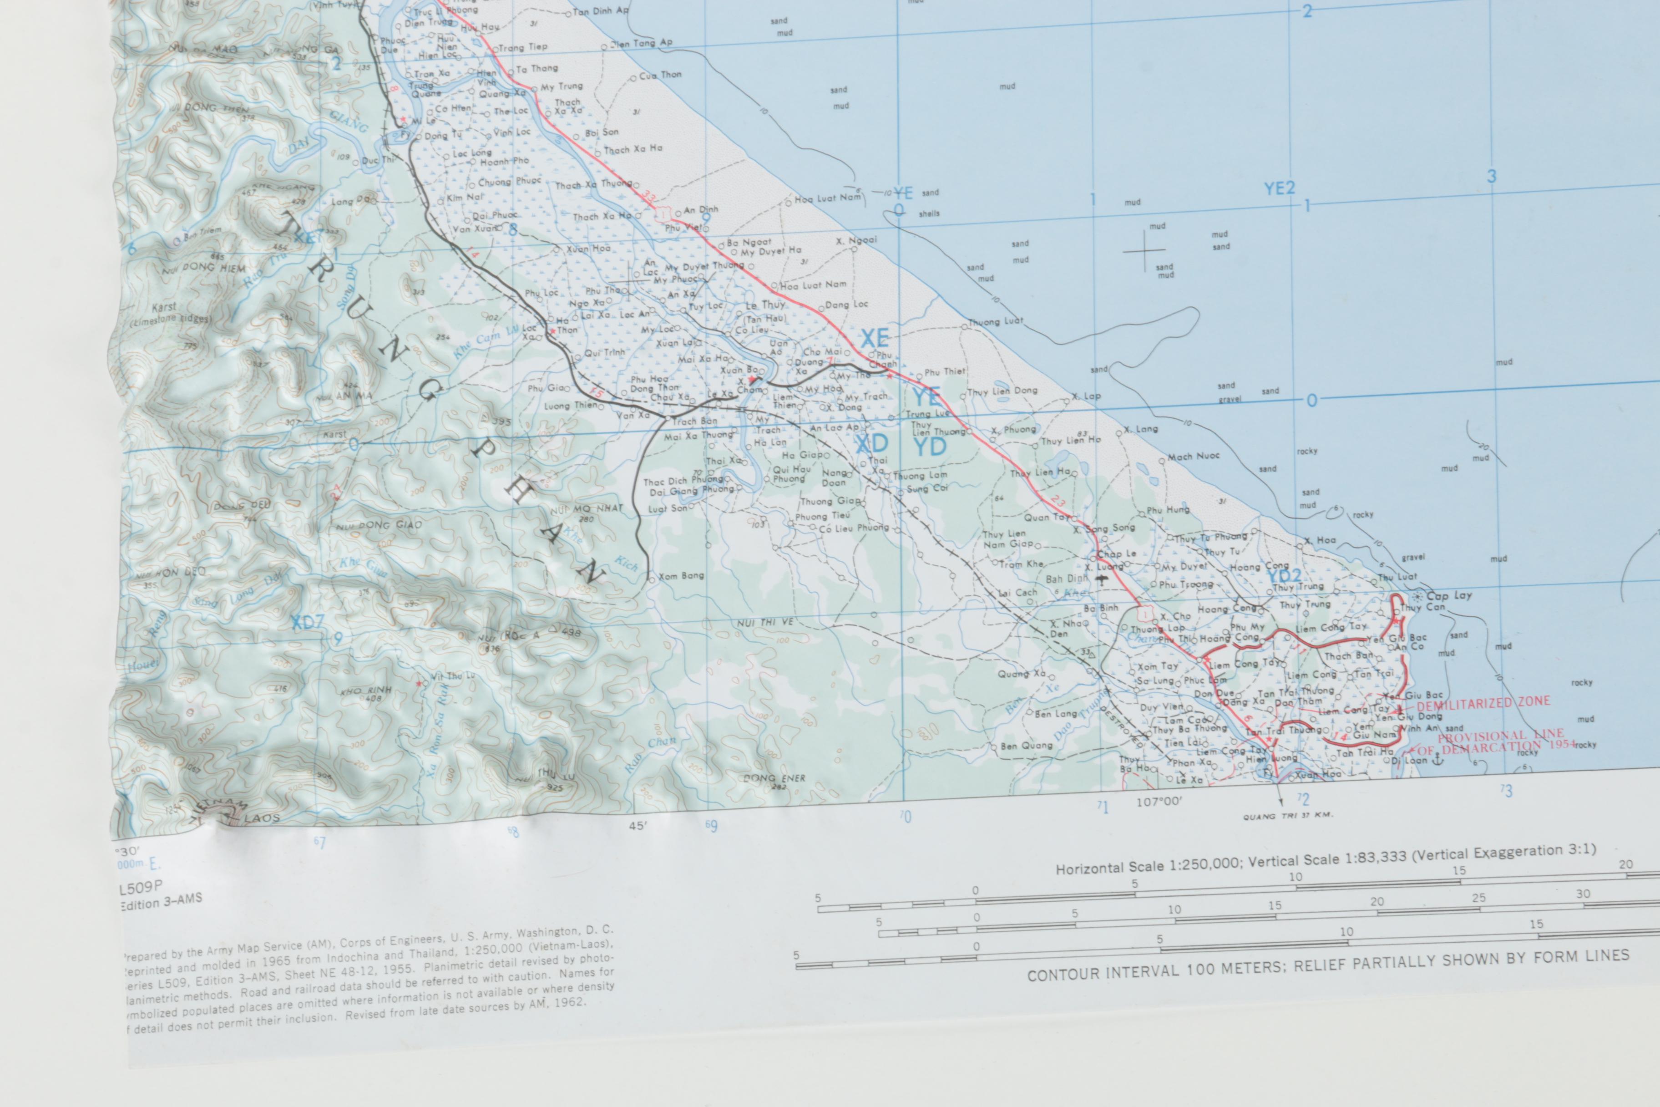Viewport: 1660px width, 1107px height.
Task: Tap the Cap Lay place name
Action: (x=1448, y=595)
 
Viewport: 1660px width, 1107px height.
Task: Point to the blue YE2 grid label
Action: (x=1279, y=188)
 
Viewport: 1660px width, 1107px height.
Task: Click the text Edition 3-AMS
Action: (x=161, y=902)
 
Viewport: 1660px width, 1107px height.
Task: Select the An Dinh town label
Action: (x=700, y=210)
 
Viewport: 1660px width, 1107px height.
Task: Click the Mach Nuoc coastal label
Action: (x=1193, y=456)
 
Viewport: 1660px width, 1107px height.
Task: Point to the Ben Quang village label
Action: (x=1026, y=746)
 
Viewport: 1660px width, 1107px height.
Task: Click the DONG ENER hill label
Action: (x=774, y=778)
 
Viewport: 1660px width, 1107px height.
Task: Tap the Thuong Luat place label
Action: (x=994, y=321)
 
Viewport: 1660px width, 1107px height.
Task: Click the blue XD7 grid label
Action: (x=307, y=622)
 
